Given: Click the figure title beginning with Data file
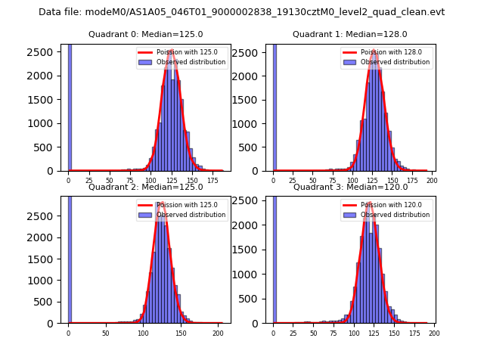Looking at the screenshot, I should click(x=241, y=12).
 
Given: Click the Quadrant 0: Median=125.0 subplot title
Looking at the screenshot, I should click(x=145, y=34).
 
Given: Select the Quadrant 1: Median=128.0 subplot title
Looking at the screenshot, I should click(x=349, y=34).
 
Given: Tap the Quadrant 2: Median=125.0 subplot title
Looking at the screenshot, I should click(x=145, y=187).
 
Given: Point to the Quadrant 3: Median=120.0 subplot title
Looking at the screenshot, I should click(x=349, y=187).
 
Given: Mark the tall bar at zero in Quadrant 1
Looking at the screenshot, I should click(x=274, y=106).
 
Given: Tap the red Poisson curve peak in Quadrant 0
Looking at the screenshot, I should click(x=172, y=51).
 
